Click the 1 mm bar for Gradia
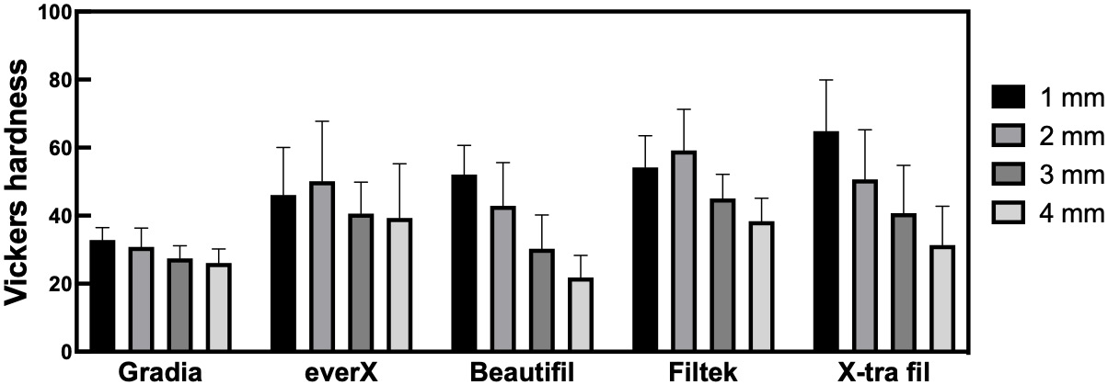click(x=102, y=296)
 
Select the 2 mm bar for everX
click(x=323, y=266)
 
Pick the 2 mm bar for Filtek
click(x=684, y=251)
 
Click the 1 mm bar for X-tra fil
click(x=826, y=242)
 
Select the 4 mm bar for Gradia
click(x=219, y=307)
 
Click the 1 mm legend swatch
click(x=1008, y=96)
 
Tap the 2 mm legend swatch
click(x=1008, y=135)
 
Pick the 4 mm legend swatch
click(x=1008, y=214)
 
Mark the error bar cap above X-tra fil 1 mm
click(x=826, y=80)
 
